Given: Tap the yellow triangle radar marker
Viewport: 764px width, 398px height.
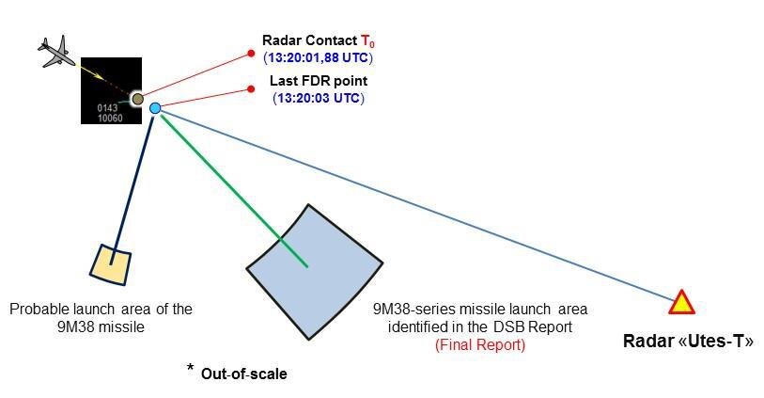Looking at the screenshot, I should (681, 303).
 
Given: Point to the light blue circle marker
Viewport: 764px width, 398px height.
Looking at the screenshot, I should (155, 109).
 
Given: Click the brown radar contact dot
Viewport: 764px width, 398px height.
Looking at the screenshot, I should (137, 99).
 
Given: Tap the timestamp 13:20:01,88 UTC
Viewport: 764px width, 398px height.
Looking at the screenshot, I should (319, 57).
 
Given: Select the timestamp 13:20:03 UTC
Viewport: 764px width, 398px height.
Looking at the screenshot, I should (319, 98).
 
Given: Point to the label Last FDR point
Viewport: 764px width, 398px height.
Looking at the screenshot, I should (319, 82).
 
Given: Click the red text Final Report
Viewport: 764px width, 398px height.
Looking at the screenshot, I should (480, 345).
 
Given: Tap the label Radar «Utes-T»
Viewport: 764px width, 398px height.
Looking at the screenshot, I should (688, 341).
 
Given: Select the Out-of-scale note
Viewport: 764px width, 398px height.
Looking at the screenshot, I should (243, 374).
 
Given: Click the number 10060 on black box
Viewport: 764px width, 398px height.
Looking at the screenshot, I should (110, 119).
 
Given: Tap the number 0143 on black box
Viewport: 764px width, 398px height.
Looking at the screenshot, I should (108, 108).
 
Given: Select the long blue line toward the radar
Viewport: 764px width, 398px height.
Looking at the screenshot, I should (423, 207).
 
